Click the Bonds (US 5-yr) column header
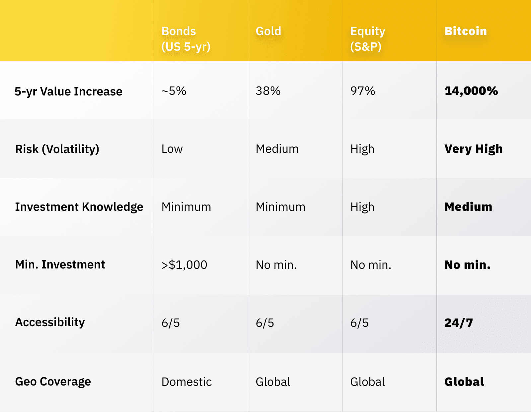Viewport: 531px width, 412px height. [186, 39]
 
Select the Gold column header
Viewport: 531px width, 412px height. [268, 31]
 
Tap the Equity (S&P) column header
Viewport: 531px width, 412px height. [367, 39]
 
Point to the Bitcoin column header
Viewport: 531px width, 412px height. [466, 31]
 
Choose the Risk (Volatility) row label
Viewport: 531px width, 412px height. [57, 149]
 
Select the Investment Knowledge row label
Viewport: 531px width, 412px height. [79, 207]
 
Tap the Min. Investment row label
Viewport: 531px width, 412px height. [60, 265]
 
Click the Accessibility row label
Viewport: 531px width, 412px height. [50, 322]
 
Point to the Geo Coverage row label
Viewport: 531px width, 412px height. [53, 382]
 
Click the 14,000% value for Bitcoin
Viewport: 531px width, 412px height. [471, 91]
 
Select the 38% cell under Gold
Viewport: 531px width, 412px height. [268, 91]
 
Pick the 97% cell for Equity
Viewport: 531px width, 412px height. [363, 91]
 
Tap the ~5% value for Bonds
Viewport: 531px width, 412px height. [174, 91]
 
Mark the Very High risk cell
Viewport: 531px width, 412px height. [474, 149]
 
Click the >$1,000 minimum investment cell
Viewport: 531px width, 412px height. [184, 265]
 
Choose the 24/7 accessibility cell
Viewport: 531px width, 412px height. [459, 323]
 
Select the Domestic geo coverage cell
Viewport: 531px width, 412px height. [187, 382]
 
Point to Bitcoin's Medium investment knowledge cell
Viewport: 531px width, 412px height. [468, 207]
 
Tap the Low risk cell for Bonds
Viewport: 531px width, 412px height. [172, 149]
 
